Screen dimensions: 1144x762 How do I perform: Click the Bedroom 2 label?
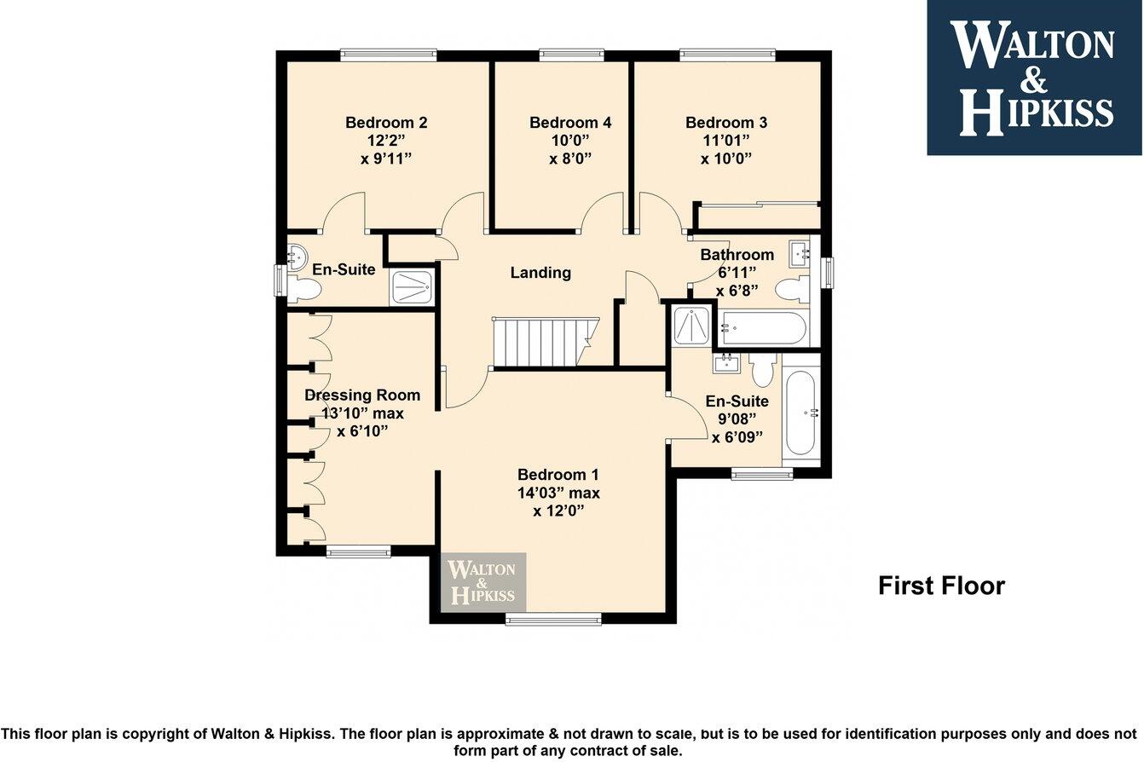pos(386,123)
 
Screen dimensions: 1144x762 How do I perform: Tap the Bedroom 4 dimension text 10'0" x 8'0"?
pos(570,149)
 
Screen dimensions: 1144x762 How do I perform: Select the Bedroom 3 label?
pos(725,123)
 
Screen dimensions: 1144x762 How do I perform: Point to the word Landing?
pos(540,273)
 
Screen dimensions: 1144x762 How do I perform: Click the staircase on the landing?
pos(545,342)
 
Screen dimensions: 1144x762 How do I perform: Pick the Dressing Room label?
pos(362,395)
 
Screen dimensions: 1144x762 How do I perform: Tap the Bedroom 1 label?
pos(558,475)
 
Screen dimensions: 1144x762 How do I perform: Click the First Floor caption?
pos(941,586)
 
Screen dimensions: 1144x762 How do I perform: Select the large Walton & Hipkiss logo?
pos(1035,78)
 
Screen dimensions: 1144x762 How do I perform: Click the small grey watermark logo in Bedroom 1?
pos(483,582)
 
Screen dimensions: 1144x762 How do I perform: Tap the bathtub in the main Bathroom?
pos(762,327)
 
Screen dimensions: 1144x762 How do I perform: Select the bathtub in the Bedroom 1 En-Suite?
pos(800,413)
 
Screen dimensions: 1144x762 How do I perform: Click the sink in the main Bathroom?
pos(799,254)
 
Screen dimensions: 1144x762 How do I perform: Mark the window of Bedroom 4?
pos(571,55)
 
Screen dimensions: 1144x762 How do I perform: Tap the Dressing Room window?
pos(358,551)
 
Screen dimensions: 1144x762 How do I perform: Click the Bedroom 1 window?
pos(553,619)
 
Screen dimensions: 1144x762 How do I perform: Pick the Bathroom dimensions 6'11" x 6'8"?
pos(737,281)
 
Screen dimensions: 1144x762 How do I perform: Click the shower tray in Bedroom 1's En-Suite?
pos(691,326)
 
